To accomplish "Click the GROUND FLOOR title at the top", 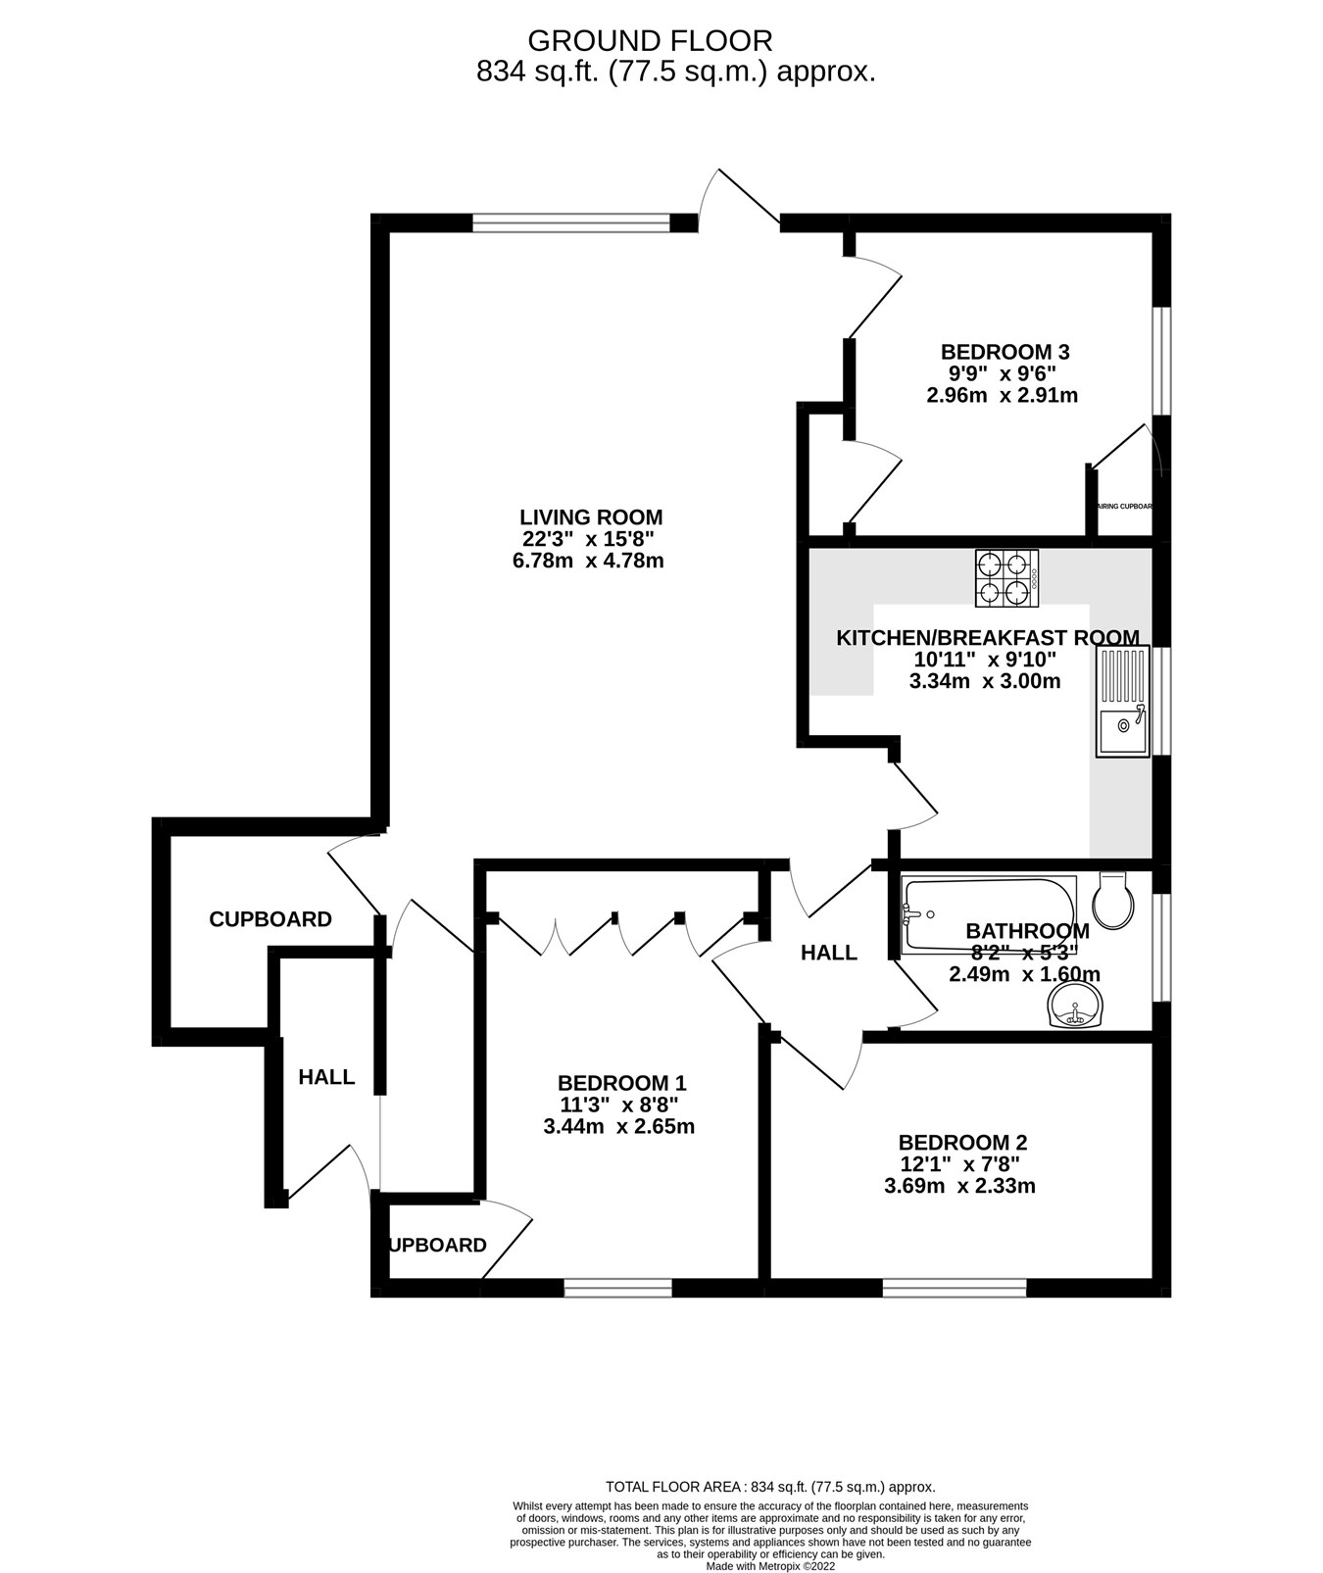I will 650,41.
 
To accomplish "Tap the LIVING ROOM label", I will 591,517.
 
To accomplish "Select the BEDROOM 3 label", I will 1004,352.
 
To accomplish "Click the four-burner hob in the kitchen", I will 1006,578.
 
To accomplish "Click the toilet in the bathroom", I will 1116,900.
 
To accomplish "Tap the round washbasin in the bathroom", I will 1075,1006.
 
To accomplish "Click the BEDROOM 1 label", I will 621,1083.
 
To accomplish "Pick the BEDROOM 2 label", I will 962,1143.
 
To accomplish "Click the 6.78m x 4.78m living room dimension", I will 592,562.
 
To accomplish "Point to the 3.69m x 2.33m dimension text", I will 959,1186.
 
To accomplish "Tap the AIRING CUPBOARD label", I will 1123,507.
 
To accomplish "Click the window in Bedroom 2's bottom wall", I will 955,1287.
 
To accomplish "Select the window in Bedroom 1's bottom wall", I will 618,1287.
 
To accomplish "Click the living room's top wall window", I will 571,223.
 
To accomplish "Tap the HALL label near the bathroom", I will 828,953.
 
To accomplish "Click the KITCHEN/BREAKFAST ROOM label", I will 987,638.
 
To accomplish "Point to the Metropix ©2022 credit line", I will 770,1566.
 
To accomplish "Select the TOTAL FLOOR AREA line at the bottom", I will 770,1487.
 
